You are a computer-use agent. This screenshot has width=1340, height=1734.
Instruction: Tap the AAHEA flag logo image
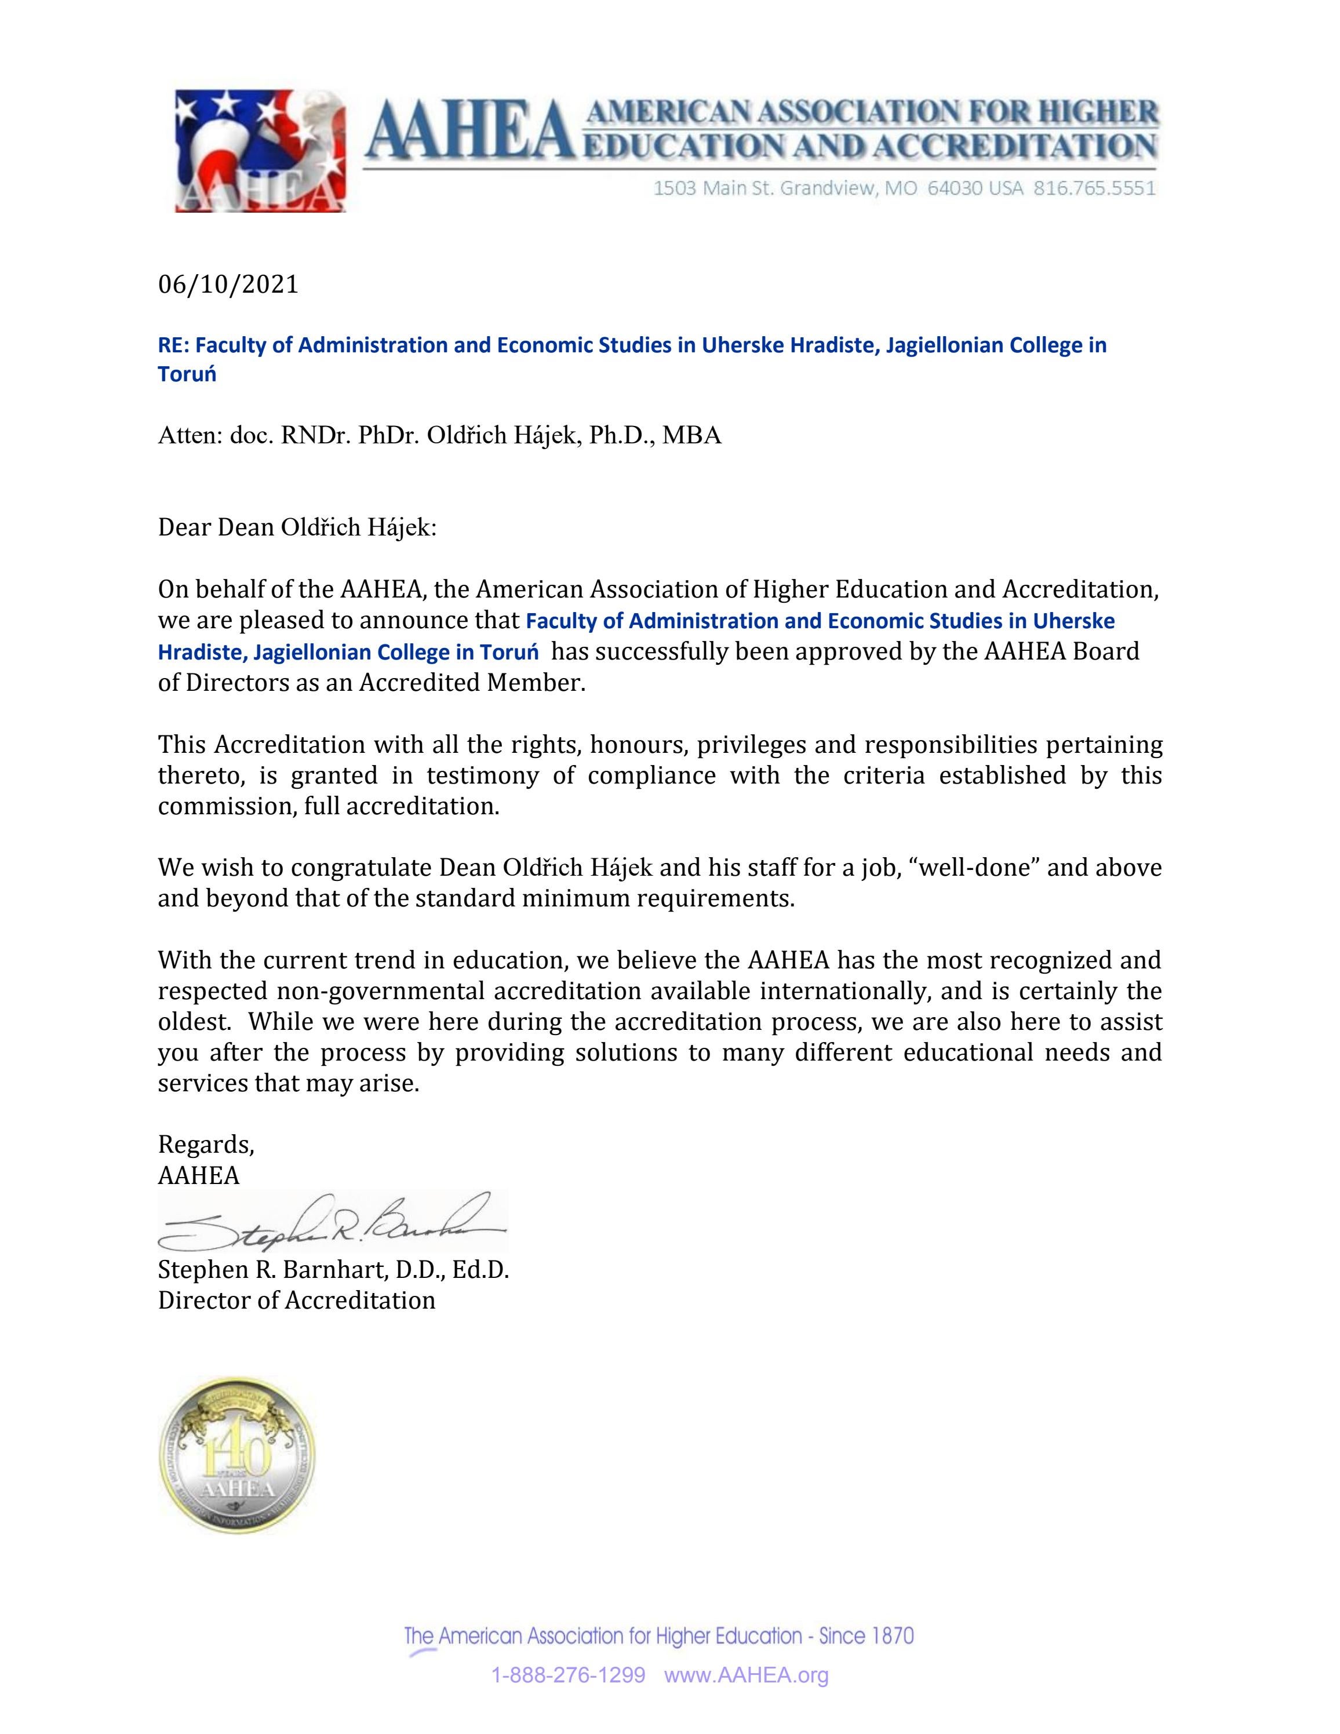pyautogui.click(x=260, y=150)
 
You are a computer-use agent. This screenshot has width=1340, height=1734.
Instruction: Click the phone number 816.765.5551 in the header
pyautogui.click(x=1094, y=188)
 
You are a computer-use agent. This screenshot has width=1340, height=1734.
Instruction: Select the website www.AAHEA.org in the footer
pyautogui.click(x=745, y=1675)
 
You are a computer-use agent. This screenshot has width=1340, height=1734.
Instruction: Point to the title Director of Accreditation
pyautogui.click(x=296, y=1300)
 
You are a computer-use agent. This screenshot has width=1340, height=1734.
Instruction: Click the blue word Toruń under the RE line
pyautogui.click(x=187, y=375)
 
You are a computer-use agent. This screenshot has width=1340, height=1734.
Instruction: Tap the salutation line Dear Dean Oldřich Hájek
pyautogui.click(x=297, y=527)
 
